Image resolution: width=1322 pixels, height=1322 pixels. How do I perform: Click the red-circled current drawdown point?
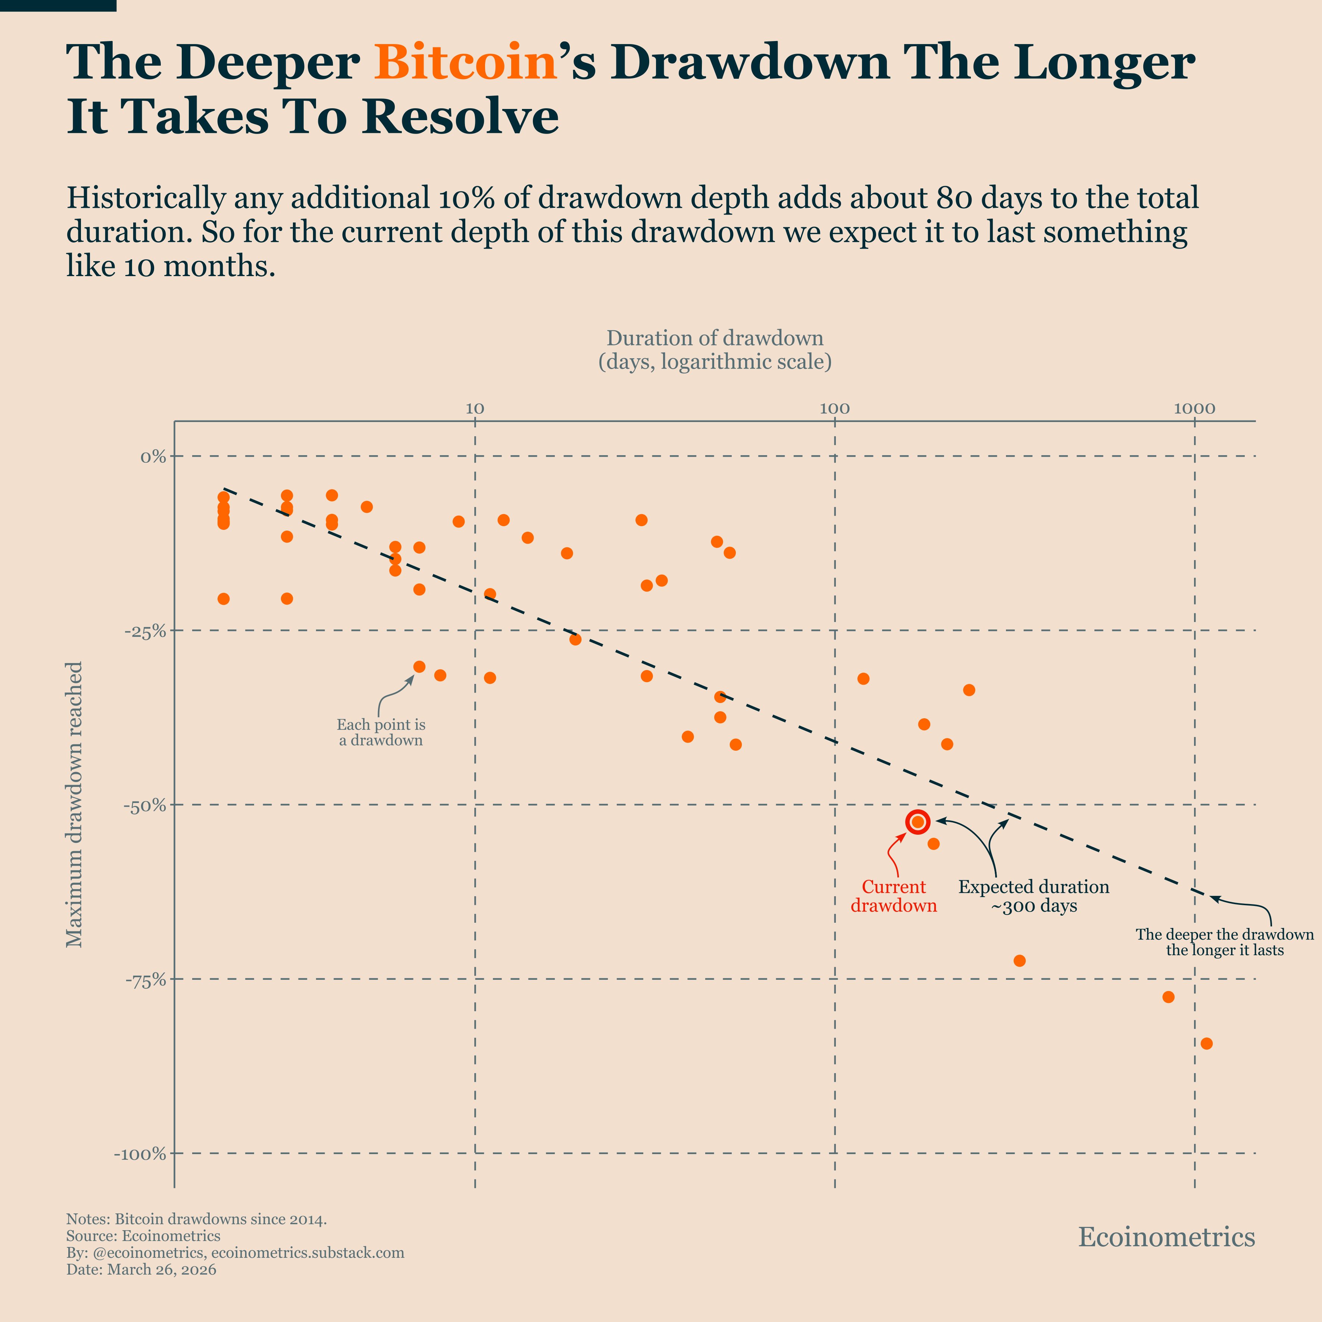918,822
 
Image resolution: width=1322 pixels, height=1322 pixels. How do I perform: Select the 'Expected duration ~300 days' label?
1033,896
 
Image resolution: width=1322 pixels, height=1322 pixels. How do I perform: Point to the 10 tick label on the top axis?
475,409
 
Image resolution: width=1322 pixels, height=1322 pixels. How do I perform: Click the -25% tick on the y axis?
145,631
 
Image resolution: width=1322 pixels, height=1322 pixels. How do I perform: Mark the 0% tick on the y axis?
153,456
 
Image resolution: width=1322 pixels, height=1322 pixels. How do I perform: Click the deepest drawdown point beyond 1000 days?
1206,1044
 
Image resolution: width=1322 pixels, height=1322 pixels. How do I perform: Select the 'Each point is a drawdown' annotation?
381,732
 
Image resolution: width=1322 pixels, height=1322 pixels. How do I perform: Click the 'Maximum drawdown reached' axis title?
74,804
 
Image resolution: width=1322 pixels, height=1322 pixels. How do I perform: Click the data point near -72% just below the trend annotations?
1019,961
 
